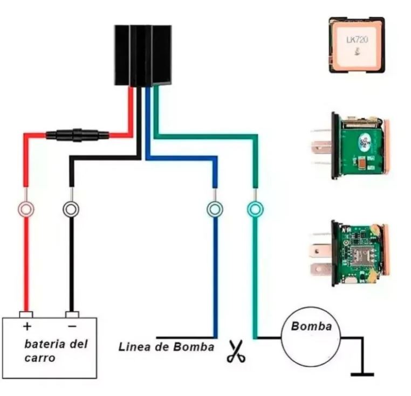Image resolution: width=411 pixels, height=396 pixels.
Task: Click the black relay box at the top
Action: point(143,55)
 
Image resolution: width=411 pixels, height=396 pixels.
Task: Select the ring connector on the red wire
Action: point(25,209)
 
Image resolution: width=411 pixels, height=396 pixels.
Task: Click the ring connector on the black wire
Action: point(71,209)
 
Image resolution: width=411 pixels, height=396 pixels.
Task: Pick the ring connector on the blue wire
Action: point(215,209)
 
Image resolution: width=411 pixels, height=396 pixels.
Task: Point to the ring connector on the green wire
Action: point(255,209)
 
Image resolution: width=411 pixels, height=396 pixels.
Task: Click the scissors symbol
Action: point(236,351)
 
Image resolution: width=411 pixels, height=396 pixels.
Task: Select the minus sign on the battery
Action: point(72,326)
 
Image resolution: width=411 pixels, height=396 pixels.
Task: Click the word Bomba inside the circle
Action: point(312,326)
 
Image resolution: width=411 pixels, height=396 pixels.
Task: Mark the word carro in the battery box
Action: point(40,357)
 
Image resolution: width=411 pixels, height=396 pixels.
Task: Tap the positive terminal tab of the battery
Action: point(26,314)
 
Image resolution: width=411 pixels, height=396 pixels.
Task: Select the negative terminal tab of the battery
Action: point(72,314)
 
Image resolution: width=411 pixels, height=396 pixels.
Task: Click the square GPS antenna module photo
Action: point(357,45)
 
